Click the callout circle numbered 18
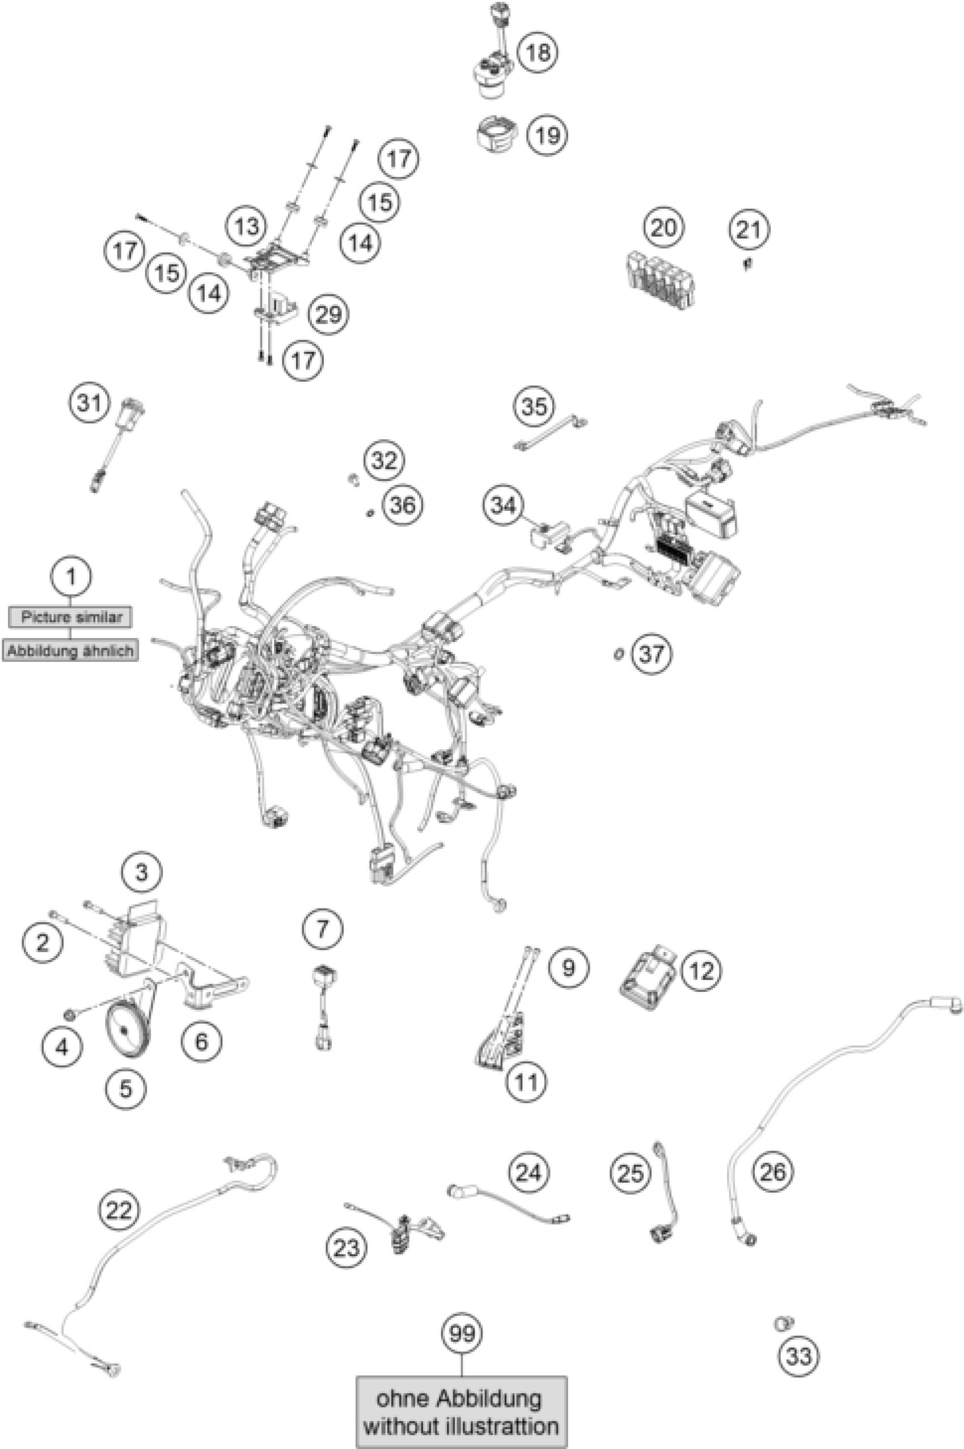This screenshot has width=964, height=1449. tap(538, 52)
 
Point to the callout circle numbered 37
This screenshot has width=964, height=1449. tap(652, 653)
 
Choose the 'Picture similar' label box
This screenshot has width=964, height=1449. tap(71, 616)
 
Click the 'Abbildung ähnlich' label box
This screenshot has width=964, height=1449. tap(71, 650)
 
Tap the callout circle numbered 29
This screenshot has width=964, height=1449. tap(328, 315)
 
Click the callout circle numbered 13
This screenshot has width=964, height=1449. tap(247, 227)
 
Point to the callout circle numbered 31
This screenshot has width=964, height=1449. tap(90, 404)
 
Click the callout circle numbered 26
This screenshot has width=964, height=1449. tap(773, 1172)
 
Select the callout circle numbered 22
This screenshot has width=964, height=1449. tap(119, 1210)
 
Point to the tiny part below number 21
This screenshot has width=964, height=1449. tap(747, 264)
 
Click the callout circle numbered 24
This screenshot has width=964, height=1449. tap(528, 1173)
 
